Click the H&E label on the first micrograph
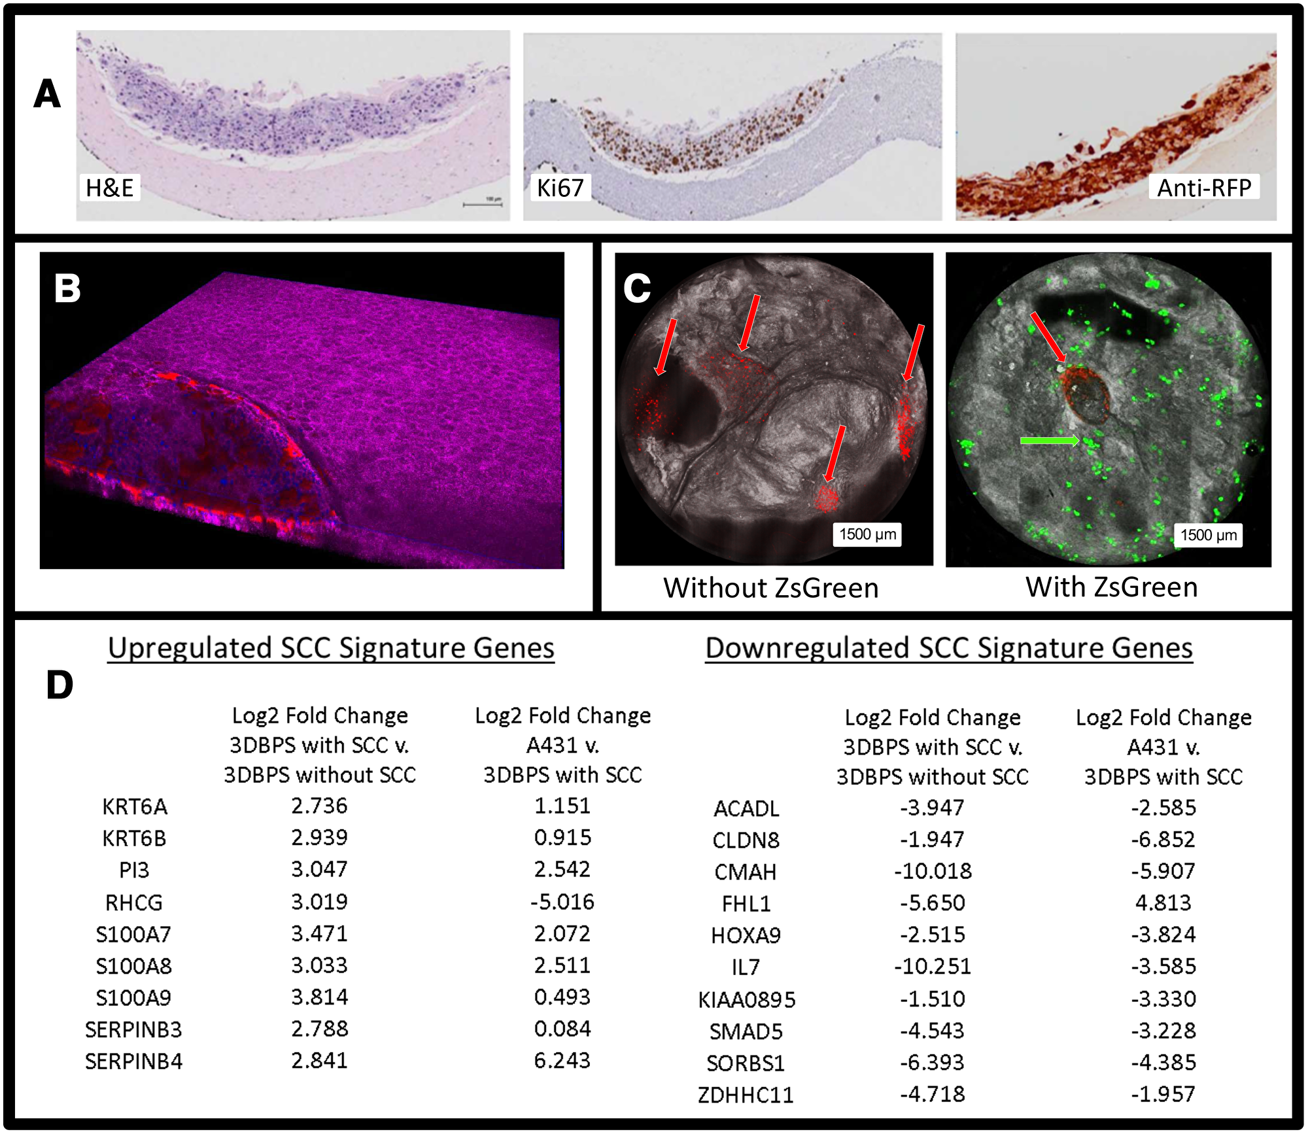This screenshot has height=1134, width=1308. pyautogui.click(x=109, y=188)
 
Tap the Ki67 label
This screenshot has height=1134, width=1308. pyautogui.click(x=559, y=188)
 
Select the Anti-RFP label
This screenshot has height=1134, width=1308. pyautogui.click(x=1203, y=188)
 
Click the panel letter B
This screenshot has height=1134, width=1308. pyautogui.click(x=67, y=288)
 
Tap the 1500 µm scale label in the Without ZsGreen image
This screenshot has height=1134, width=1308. pyautogui.click(x=867, y=534)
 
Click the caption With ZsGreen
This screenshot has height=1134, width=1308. pyautogui.click(x=1111, y=587)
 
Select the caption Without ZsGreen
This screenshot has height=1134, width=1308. pyautogui.click(x=770, y=587)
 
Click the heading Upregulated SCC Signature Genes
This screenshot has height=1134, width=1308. pyautogui.click(x=331, y=648)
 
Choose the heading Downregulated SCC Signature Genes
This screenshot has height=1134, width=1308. pyautogui.click(x=948, y=648)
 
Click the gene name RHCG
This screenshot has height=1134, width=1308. pyautogui.click(x=133, y=902)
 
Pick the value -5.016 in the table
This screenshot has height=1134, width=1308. pyautogui.click(x=562, y=902)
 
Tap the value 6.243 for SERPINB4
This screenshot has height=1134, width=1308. pyautogui.click(x=562, y=1060)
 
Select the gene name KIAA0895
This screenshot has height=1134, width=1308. pyautogui.click(x=746, y=999)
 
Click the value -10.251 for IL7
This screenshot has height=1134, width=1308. pyautogui.click(x=932, y=966)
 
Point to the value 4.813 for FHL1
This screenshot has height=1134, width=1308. pyautogui.click(x=1163, y=902)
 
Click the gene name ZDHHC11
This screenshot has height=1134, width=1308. pyautogui.click(x=746, y=1095)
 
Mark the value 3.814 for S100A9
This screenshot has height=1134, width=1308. pyautogui.click(x=319, y=997)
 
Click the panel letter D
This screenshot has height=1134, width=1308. pyautogui.click(x=60, y=685)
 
